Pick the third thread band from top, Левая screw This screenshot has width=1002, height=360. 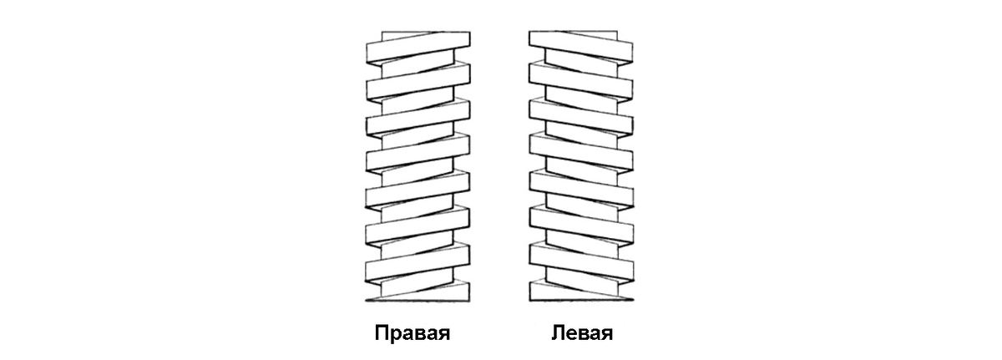tap(578, 117)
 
